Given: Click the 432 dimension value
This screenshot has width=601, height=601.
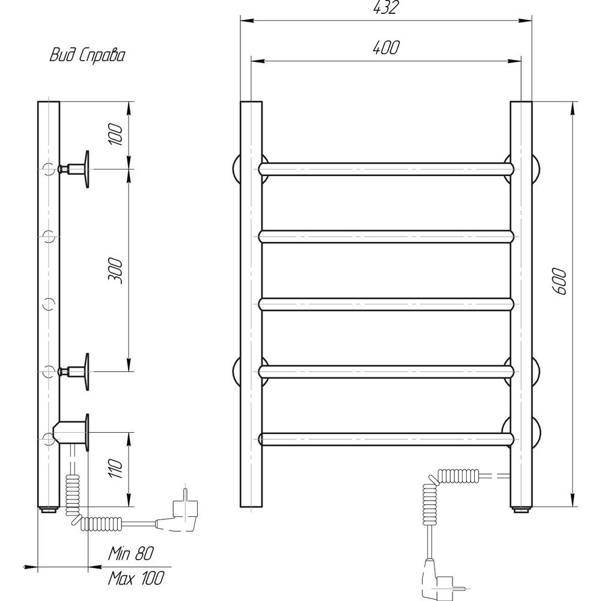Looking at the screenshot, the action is pyautogui.click(x=386, y=7).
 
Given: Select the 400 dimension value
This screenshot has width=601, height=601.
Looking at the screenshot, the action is pyautogui.click(x=386, y=47).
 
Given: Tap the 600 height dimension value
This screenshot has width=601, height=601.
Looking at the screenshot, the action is pyautogui.click(x=560, y=282).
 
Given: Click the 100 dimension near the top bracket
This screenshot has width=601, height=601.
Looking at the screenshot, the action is pyautogui.click(x=117, y=135).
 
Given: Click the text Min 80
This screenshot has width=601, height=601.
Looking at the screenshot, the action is pyautogui.click(x=131, y=554).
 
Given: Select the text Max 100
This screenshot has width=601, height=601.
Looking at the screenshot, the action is pyautogui.click(x=136, y=578).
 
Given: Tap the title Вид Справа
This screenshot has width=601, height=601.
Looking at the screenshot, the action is pyautogui.click(x=87, y=56).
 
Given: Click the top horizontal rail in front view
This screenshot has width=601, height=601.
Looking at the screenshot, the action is pyautogui.click(x=386, y=169).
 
